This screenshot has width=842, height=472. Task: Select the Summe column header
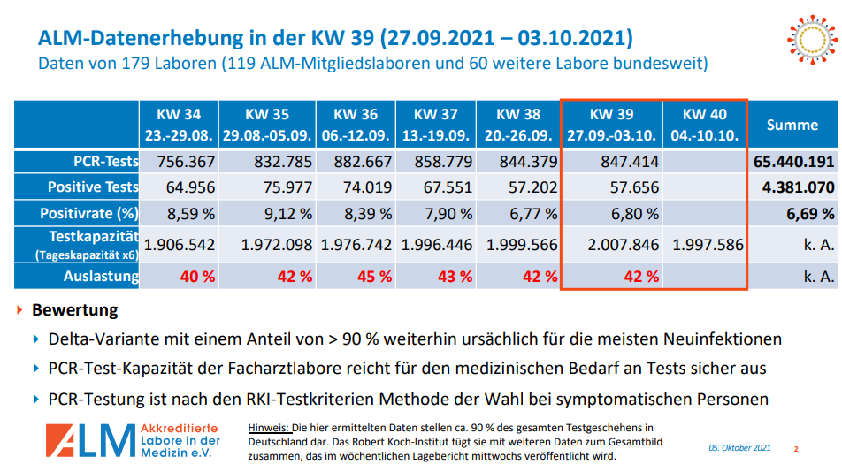792,125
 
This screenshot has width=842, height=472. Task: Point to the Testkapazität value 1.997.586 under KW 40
708,245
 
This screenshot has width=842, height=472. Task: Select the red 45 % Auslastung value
372,276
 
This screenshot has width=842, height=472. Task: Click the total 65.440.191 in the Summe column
793,162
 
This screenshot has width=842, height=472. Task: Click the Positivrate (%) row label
89,213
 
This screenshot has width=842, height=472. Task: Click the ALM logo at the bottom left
133,440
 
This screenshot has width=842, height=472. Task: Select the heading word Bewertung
74,311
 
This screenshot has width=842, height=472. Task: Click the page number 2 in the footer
795,449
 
